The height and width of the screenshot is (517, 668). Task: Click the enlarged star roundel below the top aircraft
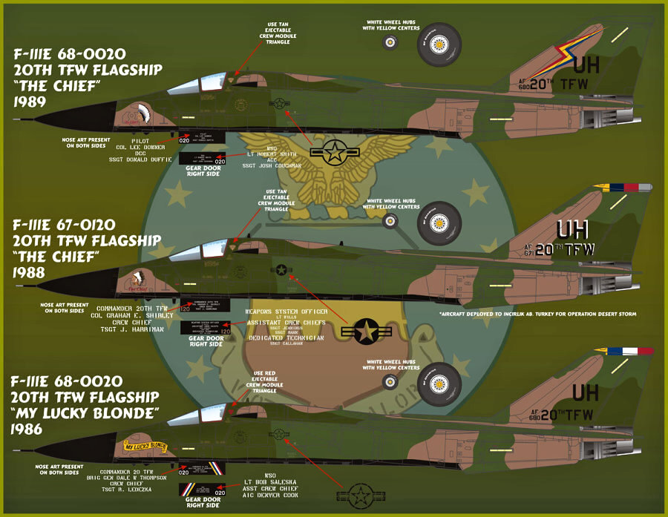click(333, 154)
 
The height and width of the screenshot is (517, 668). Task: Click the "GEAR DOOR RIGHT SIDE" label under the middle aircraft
click(206, 340)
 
